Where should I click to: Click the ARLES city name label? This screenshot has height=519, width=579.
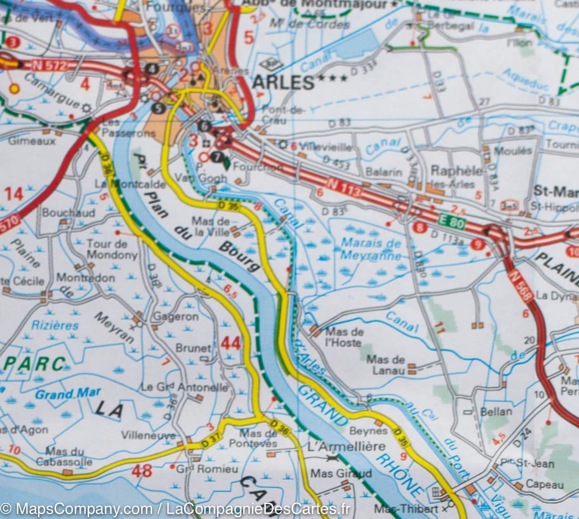[283, 82]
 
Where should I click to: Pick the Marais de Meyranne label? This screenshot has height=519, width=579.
[370, 249]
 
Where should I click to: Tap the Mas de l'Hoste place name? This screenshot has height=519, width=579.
[344, 337]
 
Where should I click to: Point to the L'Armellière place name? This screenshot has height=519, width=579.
[347, 446]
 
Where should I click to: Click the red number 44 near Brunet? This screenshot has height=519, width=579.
[231, 343]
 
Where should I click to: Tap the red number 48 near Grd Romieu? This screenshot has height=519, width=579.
[142, 471]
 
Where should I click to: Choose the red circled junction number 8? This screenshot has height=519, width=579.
[420, 228]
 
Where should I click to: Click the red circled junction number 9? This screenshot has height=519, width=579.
[478, 244]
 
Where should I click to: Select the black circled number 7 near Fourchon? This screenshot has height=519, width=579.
[216, 158]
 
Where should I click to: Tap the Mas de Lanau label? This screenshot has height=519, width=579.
[386, 364]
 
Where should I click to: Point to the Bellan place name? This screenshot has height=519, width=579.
[496, 411]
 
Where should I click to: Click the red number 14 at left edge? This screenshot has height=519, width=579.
[14, 194]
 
